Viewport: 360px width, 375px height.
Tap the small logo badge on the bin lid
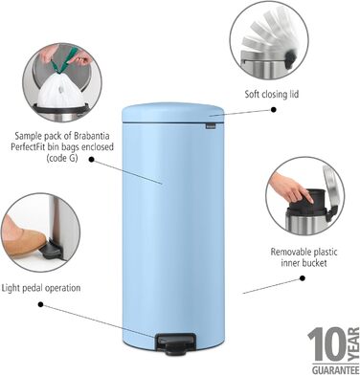pos(214,119)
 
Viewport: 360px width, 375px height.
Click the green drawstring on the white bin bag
pos(59,65)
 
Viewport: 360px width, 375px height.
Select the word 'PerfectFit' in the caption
pos(36,148)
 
